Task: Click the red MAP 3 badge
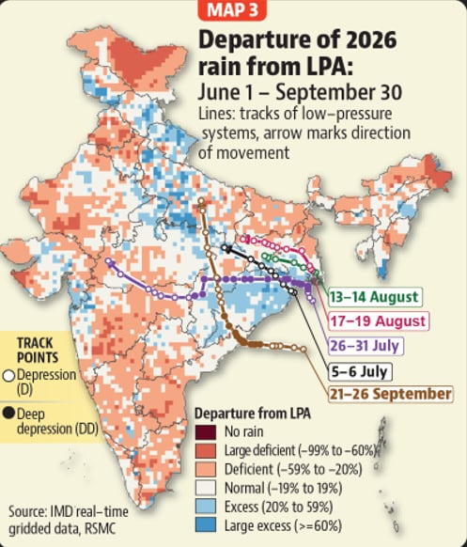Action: tap(232, 9)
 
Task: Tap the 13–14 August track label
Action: tap(375, 297)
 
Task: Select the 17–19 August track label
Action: tap(378, 320)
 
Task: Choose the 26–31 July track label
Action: tap(365, 346)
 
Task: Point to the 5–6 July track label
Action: tap(360, 371)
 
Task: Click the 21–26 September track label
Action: tap(391, 394)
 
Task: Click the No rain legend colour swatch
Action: tap(206, 432)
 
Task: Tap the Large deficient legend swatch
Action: tap(206, 450)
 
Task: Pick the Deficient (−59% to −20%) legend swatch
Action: tap(206, 469)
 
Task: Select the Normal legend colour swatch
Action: tap(206, 488)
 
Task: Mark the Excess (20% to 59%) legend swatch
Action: tap(206, 507)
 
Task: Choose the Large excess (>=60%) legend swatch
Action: tap(206, 525)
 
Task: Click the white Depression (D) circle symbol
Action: tap(8, 376)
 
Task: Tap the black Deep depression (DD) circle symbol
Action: tap(8, 414)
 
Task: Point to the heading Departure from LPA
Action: tap(253, 414)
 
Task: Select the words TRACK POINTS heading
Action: tap(38, 351)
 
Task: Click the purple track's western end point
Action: tap(108, 261)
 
